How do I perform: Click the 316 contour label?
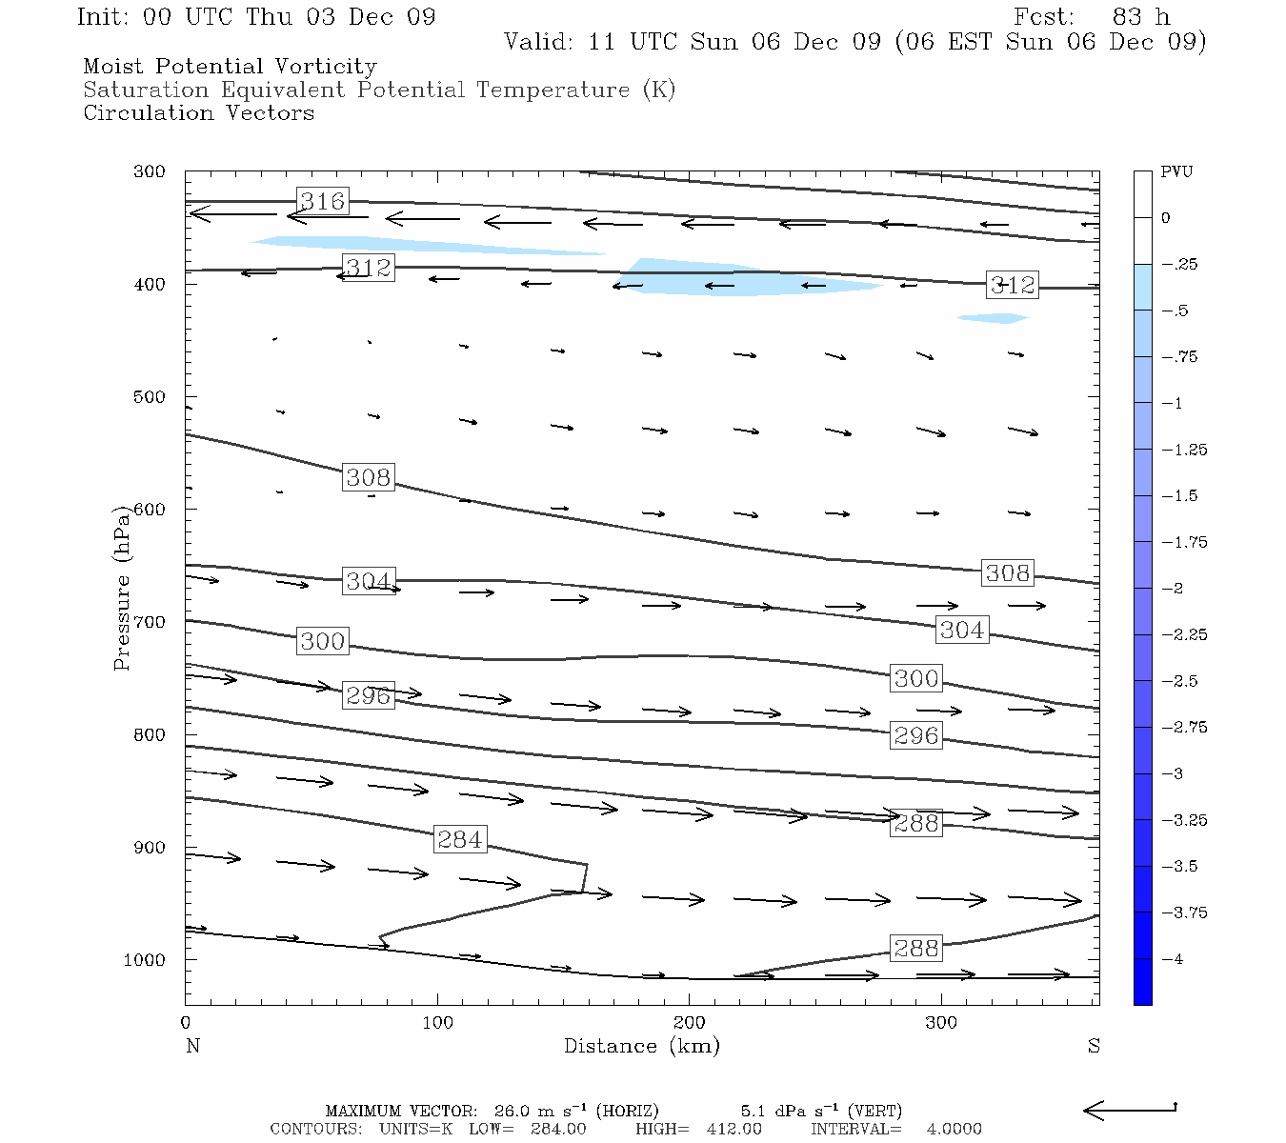(x=322, y=201)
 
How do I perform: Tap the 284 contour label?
(x=460, y=839)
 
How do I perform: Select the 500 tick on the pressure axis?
(x=150, y=397)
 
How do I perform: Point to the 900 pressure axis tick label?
(x=150, y=848)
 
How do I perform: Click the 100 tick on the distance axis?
(x=437, y=1023)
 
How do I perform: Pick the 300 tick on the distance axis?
(x=941, y=1023)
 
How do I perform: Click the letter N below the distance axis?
(x=192, y=1046)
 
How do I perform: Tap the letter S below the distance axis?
(x=1094, y=1046)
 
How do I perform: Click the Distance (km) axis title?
(x=641, y=1046)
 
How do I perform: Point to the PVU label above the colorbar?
(x=1176, y=172)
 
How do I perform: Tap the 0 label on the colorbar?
(x=1166, y=218)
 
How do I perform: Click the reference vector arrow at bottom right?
(x=1130, y=1109)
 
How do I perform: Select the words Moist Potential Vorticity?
(x=230, y=67)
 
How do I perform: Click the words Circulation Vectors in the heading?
(x=198, y=113)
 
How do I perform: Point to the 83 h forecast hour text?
(x=1140, y=17)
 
